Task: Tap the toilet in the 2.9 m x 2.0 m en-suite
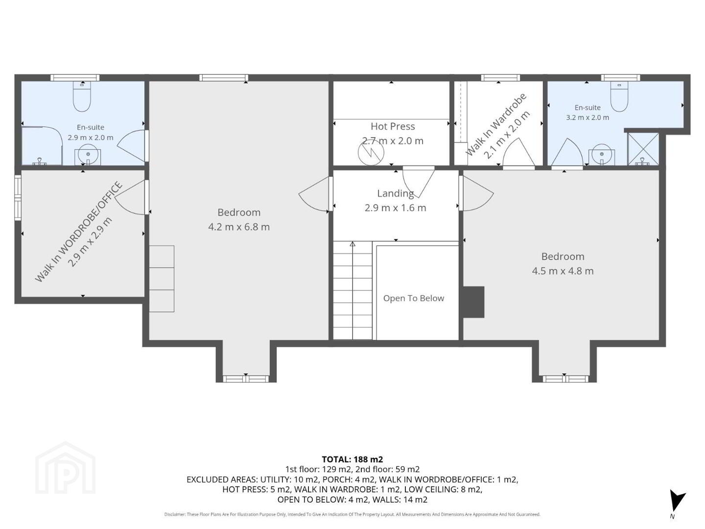tap(82, 96)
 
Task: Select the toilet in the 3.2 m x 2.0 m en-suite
tap(619, 96)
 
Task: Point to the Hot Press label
tap(393, 126)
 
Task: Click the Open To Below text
tap(413, 298)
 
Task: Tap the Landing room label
tap(396, 193)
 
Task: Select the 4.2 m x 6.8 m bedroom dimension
tap(238, 227)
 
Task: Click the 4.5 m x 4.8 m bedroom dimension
tap(563, 271)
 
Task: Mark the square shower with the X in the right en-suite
tap(643, 149)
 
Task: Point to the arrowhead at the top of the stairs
tap(352, 244)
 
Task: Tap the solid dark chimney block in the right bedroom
tap(473, 302)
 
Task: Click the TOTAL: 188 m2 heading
tap(352, 459)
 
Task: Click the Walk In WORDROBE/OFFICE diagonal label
tap(78, 232)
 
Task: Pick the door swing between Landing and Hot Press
tap(419, 182)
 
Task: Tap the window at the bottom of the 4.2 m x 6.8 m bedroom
tap(246, 379)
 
